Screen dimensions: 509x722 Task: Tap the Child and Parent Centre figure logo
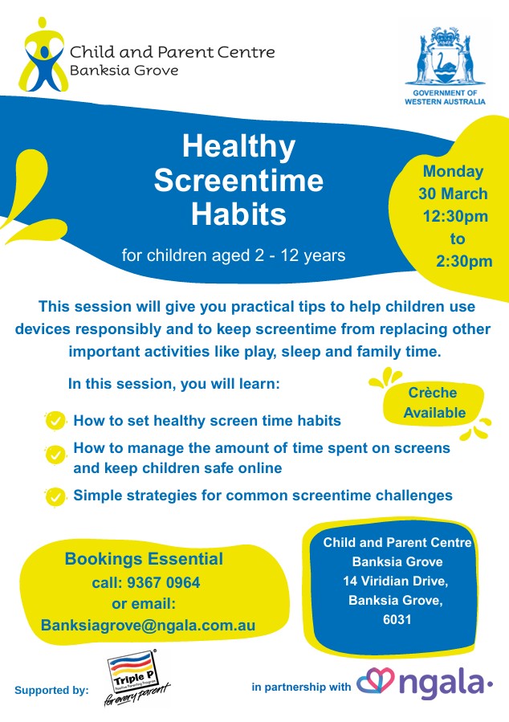(43, 55)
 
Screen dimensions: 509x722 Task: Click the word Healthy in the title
(238, 146)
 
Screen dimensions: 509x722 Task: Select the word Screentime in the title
(238, 180)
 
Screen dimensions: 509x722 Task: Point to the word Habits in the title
(238, 214)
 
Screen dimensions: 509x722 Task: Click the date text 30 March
(453, 194)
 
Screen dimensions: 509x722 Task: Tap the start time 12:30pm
(455, 216)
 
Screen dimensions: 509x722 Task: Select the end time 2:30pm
(464, 261)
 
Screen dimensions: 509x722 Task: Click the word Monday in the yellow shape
(453, 171)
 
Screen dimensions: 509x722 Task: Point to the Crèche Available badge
(434, 402)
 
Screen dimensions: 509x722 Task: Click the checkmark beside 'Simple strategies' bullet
(55, 497)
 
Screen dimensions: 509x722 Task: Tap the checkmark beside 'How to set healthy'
(55, 421)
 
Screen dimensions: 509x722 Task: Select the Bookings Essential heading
(144, 558)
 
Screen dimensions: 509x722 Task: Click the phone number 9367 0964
(163, 582)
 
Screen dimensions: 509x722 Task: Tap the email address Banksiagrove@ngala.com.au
(149, 625)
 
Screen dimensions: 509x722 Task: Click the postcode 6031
(397, 619)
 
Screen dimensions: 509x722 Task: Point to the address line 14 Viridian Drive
(395, 581)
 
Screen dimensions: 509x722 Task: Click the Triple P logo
(133, 676)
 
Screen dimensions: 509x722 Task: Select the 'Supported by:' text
(51, 690)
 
